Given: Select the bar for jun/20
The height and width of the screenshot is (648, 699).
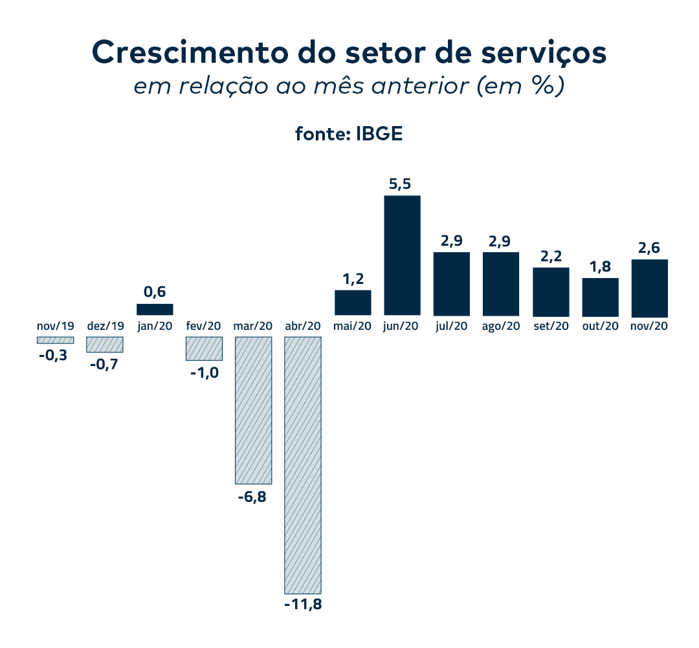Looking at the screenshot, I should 402,255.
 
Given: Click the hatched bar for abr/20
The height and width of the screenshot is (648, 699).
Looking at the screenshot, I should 303,465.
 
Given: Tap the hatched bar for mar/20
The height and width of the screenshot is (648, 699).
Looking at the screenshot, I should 253,410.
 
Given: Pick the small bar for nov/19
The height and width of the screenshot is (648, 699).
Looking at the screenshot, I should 55,340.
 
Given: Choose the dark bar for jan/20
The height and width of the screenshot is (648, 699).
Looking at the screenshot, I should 155,309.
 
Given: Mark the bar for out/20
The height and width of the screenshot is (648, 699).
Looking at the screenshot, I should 601,296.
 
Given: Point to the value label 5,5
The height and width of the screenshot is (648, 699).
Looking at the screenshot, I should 400,185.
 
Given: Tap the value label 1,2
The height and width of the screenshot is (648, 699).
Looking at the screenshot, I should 352,279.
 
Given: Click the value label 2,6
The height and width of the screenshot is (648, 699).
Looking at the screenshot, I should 649,249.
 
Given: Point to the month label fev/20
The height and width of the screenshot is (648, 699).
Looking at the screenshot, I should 204,326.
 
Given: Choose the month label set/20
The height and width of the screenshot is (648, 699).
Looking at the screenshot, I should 551,326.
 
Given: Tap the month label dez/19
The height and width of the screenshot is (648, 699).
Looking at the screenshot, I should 105,326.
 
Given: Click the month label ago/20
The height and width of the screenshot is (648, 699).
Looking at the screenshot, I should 501,326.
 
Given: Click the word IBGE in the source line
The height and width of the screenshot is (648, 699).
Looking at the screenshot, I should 379,134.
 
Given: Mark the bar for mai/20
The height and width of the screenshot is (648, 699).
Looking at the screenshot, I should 353,302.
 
